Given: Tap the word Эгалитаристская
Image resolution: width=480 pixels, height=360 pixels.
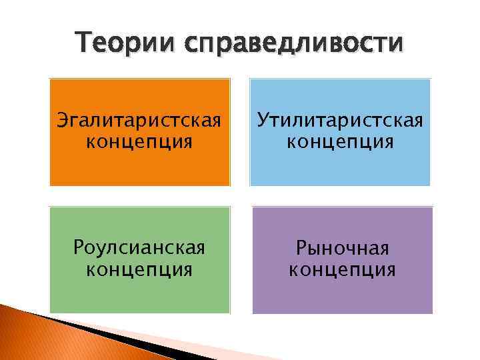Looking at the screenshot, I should pos(139,123).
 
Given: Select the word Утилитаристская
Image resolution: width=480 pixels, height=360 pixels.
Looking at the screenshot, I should pos(340,123).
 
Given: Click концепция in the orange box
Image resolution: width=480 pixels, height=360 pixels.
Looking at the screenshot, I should pos(139,141).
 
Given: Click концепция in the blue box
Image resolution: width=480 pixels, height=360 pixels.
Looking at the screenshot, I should pos(340,141).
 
